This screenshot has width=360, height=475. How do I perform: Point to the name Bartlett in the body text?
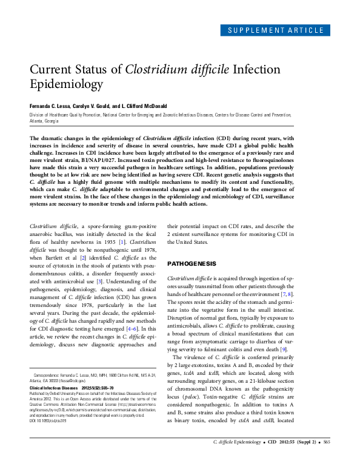(x=56, y=259)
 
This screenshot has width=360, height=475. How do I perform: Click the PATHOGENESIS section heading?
(x=191, y=264)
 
